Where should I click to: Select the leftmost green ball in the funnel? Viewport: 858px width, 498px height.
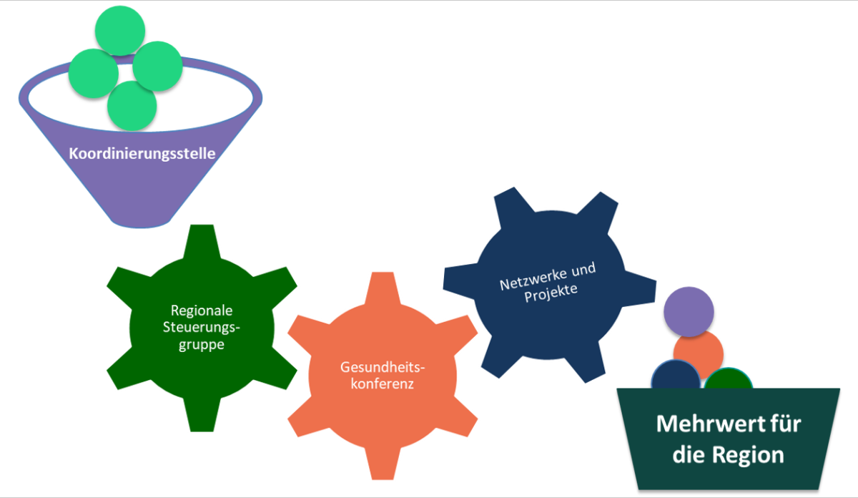tap(93, 73)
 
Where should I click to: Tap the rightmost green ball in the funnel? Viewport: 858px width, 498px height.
tap(158, 67)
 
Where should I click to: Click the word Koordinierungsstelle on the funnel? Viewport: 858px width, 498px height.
tap(142, 153)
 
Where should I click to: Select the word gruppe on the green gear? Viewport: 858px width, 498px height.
tap(202, 344)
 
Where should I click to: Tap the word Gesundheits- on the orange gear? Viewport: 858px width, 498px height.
tap(383, 367)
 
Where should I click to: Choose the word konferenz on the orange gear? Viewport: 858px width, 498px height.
tap(383, 384)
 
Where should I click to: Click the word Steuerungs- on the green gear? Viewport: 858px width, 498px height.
tap(202, 327)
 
